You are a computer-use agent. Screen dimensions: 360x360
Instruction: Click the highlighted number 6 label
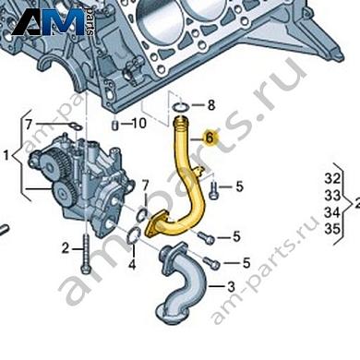(x=210, y=138)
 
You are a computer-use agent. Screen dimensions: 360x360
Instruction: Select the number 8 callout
(x=210, y=104)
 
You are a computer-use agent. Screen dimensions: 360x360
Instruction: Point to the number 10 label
(x=139, y=123)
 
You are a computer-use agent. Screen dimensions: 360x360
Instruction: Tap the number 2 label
(x=66, y=247)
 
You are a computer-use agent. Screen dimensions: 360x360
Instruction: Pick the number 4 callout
(x=132, y=264)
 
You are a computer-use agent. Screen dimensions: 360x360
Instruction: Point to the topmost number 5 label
(x=239, y=187)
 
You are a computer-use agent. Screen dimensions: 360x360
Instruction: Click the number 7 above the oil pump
(x=29, y=124)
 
